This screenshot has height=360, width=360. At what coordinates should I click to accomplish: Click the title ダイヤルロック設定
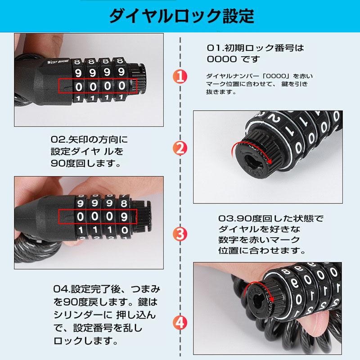pyautogui.click(x=182, y=16)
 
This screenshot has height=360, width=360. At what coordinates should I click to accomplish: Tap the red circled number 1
pyautogui.click(x=180, y=76)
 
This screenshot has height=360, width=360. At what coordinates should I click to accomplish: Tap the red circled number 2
pyautogui.click(x=180, y=148)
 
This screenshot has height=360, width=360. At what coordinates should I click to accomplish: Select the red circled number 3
pyautogui.click(x=180, y=234)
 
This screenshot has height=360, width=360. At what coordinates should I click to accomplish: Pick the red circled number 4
pyautogui.click(x=180, y=323)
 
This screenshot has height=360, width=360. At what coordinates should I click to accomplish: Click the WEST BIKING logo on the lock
pyautogui.click(x=58, y=62)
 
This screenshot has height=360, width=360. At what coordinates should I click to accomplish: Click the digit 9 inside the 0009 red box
pyautogui.click(x=124, y=216)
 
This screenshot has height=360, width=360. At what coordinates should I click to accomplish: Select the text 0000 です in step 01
pyautogui.click(x=233, y=59)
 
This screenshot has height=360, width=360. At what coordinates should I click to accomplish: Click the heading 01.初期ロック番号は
pyautogui.click(x=255, y=48)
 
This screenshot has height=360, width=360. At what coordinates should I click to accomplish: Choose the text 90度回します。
pyautogui.click(x=85, y=163)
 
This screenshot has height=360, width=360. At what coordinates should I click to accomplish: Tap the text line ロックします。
pyautogui.click(x=85, y=341)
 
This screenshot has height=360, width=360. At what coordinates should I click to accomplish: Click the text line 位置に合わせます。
pyautogui.click(x=261, y=250)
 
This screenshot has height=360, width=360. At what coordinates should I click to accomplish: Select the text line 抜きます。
pyautogui.click(x=221, y=92)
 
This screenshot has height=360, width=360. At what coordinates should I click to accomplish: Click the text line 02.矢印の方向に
pyautogui.click(x=89, y=139)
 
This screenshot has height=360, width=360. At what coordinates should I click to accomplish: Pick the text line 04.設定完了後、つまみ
pyautogui.click(x=107, y=289)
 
